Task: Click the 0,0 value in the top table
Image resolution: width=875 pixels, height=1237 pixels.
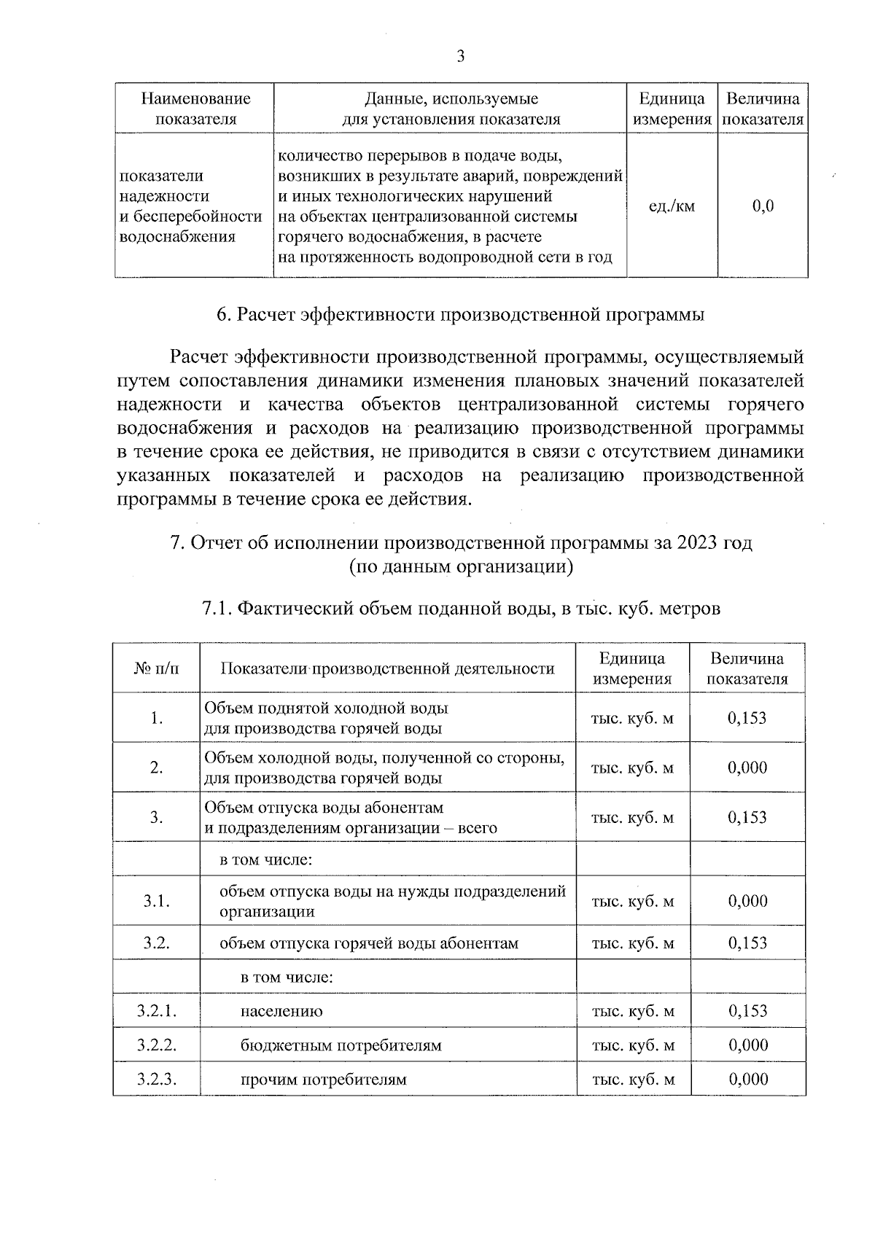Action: pyautogui.click(x=763, y=206)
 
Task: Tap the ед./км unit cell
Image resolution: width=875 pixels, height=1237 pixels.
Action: pyautogui.click(x=672, y=206)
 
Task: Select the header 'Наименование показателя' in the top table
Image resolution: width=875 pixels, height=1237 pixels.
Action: pyautogui.click(x=195, y=109)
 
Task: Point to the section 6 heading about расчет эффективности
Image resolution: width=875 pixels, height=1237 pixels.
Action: pyautogui.click(x=460, y=315)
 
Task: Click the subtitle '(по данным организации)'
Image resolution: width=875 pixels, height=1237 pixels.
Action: pyautogui.click(x=460, y=566)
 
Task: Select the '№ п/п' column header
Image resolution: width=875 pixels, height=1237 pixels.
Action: pyautogui.click(x=156, y=668)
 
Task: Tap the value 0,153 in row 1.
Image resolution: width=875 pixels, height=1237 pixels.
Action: pyautogui.click(x=747, y=718)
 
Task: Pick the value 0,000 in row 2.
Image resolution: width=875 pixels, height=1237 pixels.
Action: pyautogui.click(x=747, y=768)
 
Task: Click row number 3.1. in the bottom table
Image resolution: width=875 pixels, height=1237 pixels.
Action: pyautogui.click(x=156, y=902)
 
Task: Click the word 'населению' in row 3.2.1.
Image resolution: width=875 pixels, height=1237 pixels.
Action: pyautogui.click(x=281, y=1012)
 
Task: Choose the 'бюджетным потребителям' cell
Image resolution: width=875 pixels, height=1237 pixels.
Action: pyautogui.click(x=341, y=1046)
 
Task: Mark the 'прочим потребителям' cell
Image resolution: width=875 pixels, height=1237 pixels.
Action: pyautogui.click(x=323, y=1080)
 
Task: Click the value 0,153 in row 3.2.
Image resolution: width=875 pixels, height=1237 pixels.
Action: pyautogui.click(x=747, y=943)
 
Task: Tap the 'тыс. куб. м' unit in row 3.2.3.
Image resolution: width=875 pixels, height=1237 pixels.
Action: pyautogui.click(x=632, y=1080)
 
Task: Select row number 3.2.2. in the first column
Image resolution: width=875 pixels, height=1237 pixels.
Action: pyautogui.click(x=156, y=1046)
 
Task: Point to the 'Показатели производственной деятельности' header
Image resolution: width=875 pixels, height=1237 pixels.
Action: pyautogui.click(x=387, y=668)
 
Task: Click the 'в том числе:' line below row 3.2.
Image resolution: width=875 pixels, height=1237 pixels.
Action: pyautogui.click(x=287, y=977)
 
